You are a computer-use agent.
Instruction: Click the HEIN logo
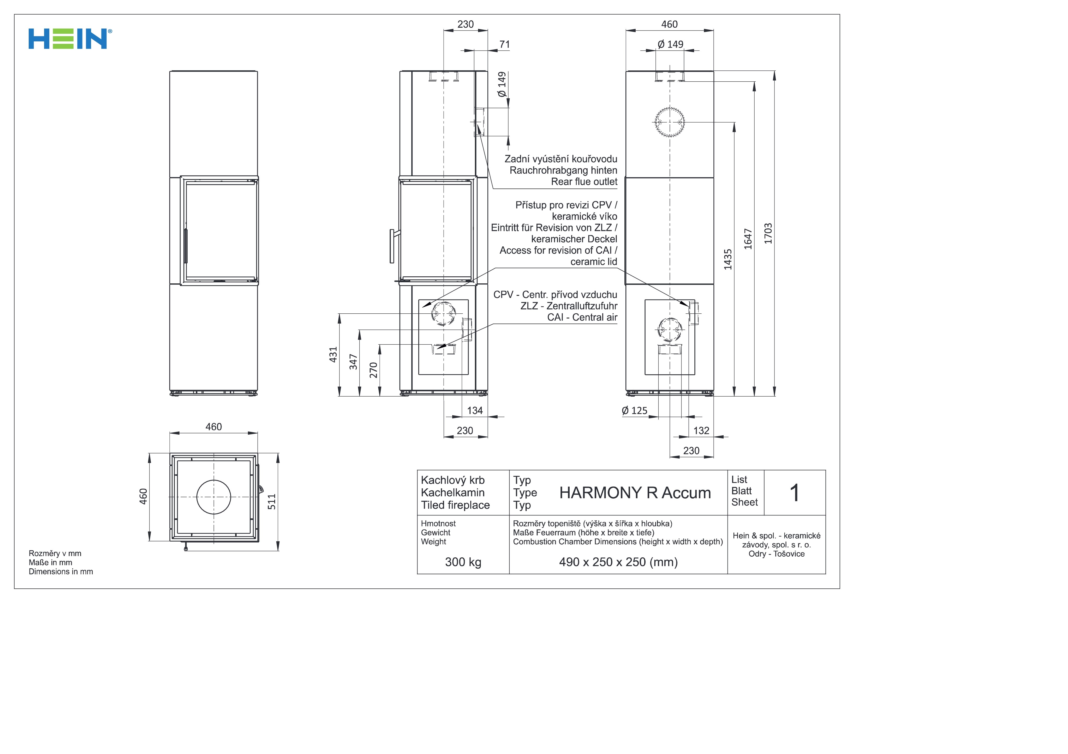70,39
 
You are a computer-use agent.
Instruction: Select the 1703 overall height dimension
768,233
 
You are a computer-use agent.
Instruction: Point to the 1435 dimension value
728,259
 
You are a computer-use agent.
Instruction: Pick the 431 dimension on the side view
333,355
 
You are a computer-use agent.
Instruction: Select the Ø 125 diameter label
635,410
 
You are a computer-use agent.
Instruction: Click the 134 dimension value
475,410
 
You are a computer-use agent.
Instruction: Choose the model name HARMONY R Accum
635,493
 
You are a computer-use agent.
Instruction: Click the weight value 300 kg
463,562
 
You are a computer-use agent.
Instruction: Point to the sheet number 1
795,493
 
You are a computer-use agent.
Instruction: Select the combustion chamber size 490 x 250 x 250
618,562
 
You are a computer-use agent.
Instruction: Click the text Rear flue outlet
584,182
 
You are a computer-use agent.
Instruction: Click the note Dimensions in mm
61,572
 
